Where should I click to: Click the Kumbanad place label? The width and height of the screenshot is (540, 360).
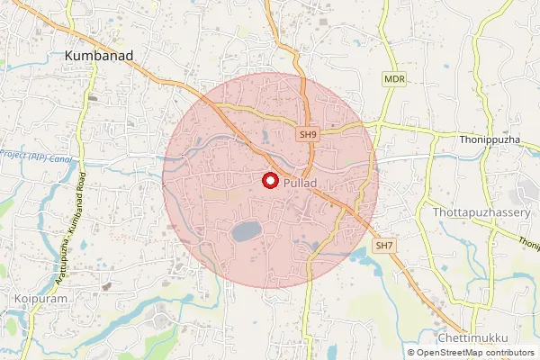coord(99,56)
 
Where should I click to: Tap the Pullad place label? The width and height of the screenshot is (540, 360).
coord(300,183)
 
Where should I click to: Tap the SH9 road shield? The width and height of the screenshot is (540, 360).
coord(309,134)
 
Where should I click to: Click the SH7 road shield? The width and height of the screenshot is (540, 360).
coord(385,245)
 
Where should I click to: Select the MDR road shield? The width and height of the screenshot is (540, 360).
coord(394,80)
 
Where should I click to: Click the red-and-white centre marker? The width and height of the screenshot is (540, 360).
coord(269,181)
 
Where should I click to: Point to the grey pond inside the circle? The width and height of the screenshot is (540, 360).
coord(247,231)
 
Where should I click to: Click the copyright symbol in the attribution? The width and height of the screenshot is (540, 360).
coord(411,353)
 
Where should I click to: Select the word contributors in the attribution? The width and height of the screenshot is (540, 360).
coord(508,353)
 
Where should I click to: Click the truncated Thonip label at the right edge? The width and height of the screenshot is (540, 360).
coord(529,244)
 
